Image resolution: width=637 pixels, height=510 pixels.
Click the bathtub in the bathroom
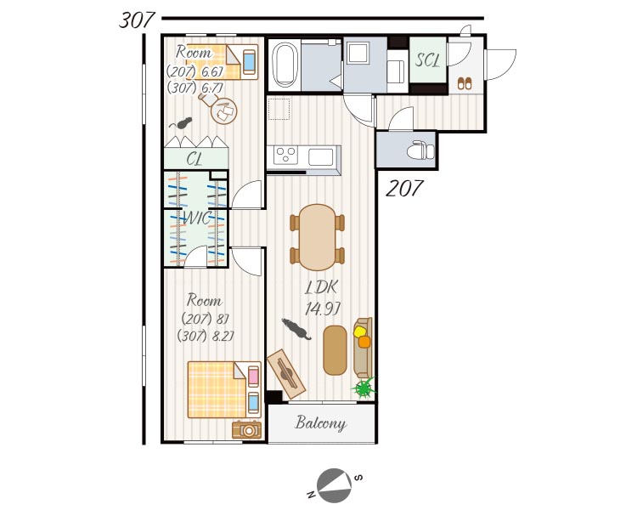tap(285, 65)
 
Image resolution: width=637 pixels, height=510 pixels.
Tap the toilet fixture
tap(421, 150)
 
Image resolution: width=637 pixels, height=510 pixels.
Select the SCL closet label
tap(428, 60)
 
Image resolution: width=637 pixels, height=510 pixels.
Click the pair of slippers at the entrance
tap(465, 83)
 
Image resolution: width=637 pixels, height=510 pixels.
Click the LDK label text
tap(321, 287)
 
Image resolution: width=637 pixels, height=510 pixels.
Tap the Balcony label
tap(320, 423)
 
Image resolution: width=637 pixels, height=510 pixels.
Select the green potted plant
tap(364, 388)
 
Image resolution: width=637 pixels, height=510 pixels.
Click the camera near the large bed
tap(246, 429)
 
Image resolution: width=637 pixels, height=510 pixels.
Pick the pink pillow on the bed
tap(253, 376)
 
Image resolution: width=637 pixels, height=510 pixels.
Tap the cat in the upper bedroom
tap(181, 122)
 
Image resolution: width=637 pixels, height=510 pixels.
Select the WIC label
tap(197, 218)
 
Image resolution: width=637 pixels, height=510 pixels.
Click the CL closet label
tap(194, 159)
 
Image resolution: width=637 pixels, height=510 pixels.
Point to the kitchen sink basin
tap(321, 156)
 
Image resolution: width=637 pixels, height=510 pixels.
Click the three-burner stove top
tap(285, 156)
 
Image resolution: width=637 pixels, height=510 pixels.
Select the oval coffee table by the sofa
tap(335, 349)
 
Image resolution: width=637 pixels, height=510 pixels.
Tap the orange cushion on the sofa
tap(364, 342)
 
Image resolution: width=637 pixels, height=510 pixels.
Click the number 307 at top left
tap(137, 20)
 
